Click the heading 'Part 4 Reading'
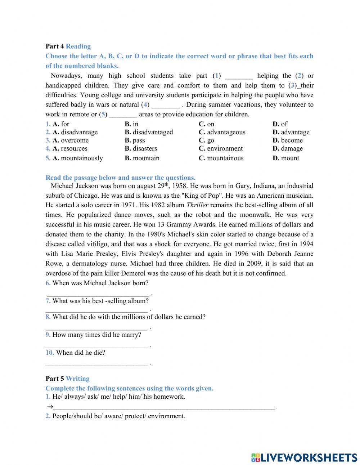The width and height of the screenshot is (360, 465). pos(68,46)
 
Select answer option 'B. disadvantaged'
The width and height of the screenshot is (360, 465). pos(149,132)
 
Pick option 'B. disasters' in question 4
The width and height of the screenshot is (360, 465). pos(141,148)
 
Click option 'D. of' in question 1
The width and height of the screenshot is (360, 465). pos(280,124)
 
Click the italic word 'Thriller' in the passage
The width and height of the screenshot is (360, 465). pos(197,205)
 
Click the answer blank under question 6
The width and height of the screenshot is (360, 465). pos(98,293)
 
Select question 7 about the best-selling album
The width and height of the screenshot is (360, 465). pos(97,301)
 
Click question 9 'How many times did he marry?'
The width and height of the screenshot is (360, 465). pos(93,335)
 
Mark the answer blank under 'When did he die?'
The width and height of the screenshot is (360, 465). pos(96,363)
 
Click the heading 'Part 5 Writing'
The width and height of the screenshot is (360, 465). pos(68,379)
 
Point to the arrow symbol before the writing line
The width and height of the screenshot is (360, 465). pos(49,407)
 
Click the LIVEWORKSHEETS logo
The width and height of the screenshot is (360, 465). pos(304,457)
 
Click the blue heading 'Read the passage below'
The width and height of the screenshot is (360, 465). pos(120,178)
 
